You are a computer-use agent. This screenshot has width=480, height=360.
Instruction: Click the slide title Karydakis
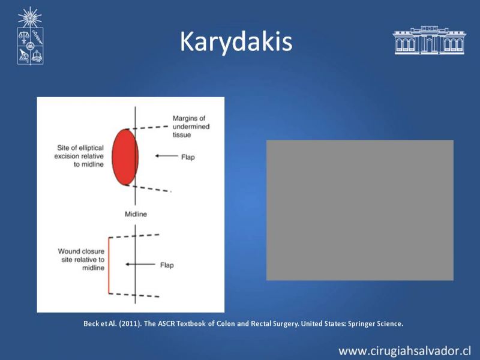[236, 42]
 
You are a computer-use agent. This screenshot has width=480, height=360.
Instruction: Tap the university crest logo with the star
[30, 36]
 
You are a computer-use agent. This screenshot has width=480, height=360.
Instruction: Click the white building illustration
[430, 40]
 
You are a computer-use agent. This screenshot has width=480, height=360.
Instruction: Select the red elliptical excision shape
[125, 157]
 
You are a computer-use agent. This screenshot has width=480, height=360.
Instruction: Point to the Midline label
[136, 214]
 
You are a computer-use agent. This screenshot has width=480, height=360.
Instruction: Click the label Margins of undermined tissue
[191, 127]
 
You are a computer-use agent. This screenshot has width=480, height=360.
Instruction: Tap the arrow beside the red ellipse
[167, 156]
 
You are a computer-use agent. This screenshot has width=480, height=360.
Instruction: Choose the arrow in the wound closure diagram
[140, 264]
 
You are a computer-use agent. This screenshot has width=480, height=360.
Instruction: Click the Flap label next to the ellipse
[188, 157]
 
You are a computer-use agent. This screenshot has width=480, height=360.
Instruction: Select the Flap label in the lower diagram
[167, 265]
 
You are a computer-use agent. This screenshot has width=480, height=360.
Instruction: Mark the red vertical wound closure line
[109, 265]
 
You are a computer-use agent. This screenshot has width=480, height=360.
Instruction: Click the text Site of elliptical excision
[79, 152]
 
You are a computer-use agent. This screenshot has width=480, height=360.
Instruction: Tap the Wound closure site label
[81, 256]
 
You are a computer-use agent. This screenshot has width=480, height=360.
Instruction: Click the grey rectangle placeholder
[359, 210]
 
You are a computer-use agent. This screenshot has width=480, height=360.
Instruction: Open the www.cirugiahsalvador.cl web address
[404, 351]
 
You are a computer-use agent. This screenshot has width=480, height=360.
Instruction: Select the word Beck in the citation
[91, 323]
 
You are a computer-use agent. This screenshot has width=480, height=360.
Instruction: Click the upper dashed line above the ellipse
[147, 128]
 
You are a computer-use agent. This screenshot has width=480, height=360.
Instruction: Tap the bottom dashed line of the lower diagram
[134, 295]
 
